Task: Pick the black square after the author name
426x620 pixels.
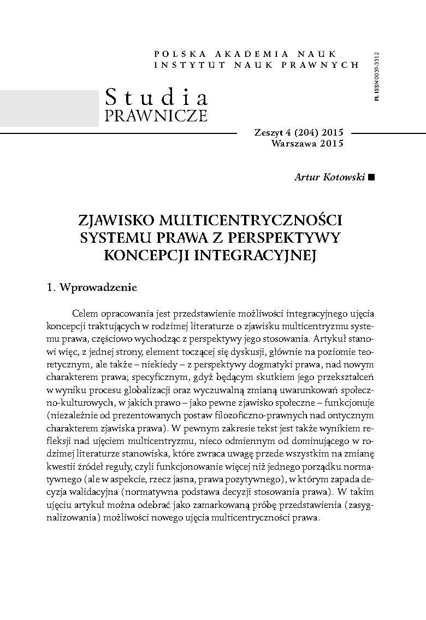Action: (x=372, y=177)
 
